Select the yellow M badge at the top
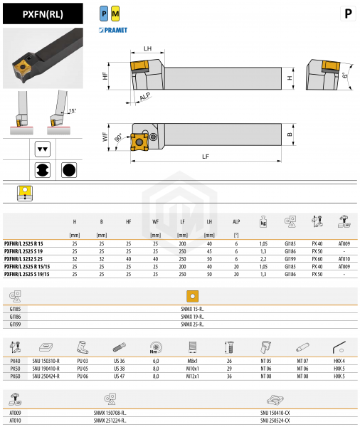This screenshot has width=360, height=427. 115,14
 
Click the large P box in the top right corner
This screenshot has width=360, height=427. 346,14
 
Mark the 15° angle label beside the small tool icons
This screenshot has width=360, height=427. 71,110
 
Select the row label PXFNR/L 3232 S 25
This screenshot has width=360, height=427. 29,260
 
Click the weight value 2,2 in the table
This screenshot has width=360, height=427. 264,260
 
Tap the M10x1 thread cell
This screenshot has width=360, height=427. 191,369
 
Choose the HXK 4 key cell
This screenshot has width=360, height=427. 339,362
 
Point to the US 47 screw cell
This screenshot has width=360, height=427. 118,376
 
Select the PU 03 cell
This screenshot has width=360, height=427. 82,362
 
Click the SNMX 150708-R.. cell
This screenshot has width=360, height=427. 110,412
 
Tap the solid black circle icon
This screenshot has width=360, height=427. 68,170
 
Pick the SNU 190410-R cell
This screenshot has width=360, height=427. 46,369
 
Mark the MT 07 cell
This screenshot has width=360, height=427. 302,362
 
